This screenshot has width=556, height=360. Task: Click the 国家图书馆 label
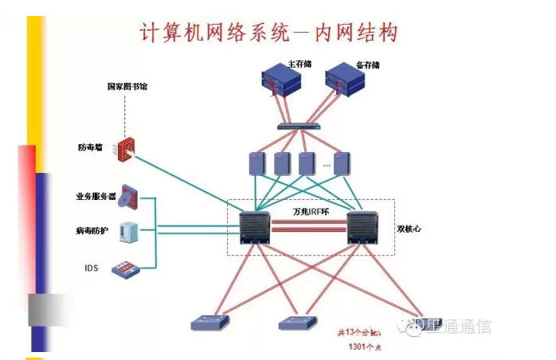coord(128,86)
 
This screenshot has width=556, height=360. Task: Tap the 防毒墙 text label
coord(90,147)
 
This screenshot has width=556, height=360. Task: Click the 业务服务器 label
coord(96,195)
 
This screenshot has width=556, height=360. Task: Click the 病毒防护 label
coord(92,231)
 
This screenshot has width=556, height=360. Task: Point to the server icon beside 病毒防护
coord(127,232)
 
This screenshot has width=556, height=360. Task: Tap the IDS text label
coord(91,268)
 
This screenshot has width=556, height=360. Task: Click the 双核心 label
coord(409,229)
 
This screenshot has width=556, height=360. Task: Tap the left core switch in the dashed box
coord(256,227)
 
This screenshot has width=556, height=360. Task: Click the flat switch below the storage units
coord(299,127)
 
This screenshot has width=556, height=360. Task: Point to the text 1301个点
coord(362,347)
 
